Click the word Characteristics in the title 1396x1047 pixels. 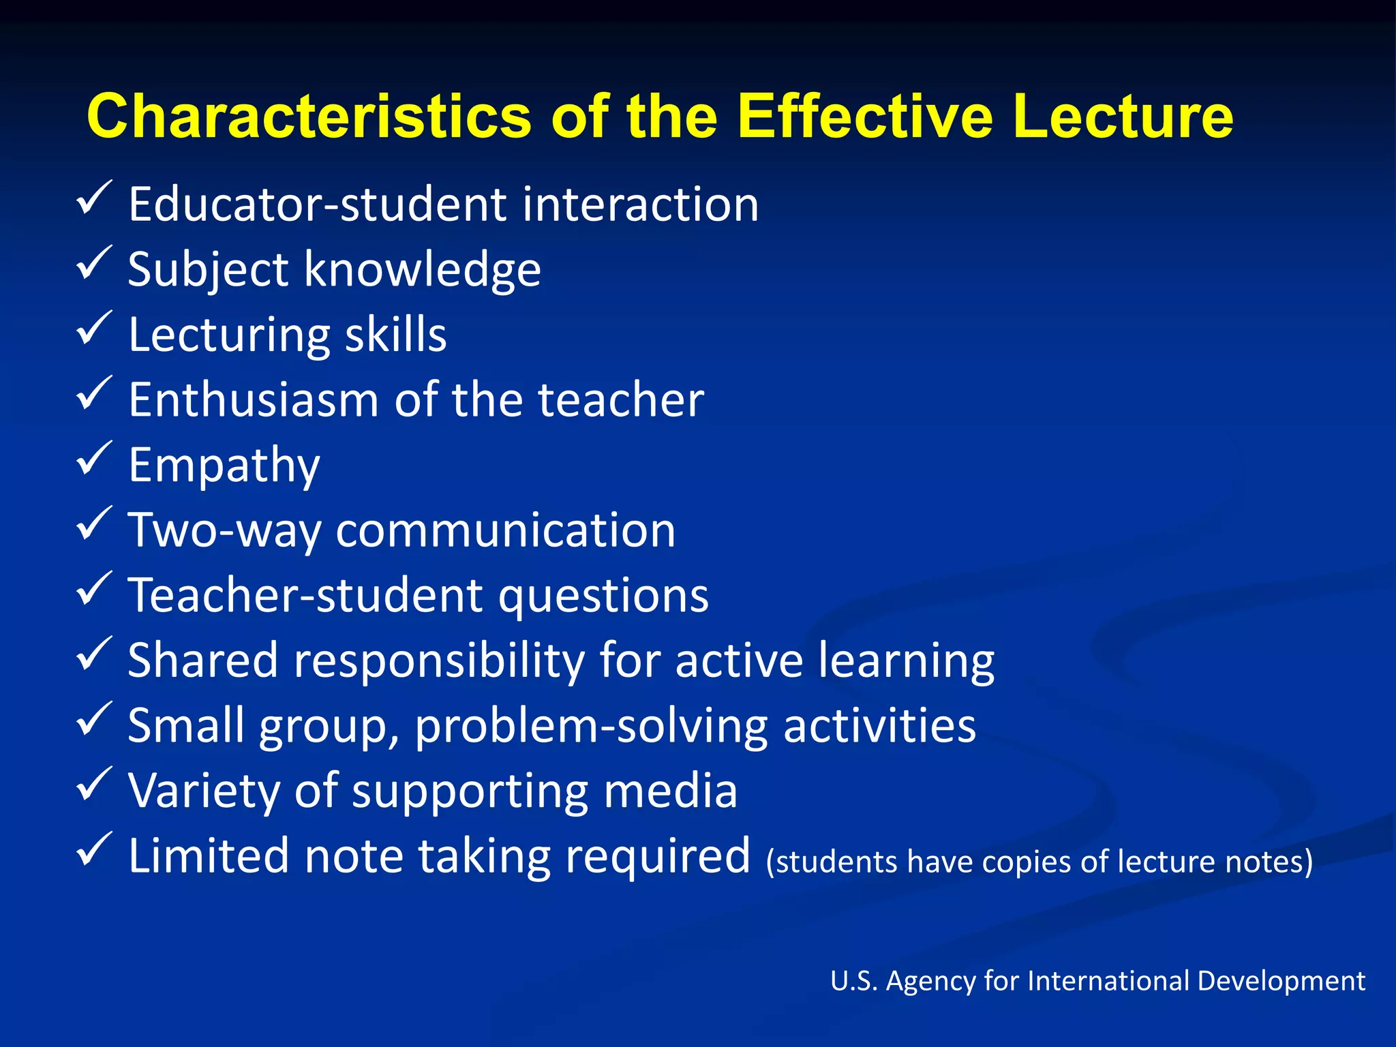click(x=308, y=117)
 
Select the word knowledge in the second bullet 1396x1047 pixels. click(x=423, y=270)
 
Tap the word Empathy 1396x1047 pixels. click(x=224, y=466)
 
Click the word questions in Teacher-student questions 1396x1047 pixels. click(x=603, y=595)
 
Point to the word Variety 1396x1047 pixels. click(x=203, y=791)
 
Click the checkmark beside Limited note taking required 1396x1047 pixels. click(x=93, y=849)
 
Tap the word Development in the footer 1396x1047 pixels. click(x=1281, y=981)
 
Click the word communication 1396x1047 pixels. click(x=505, y=530)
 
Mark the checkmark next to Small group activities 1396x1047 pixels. click(x=93, y=719)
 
